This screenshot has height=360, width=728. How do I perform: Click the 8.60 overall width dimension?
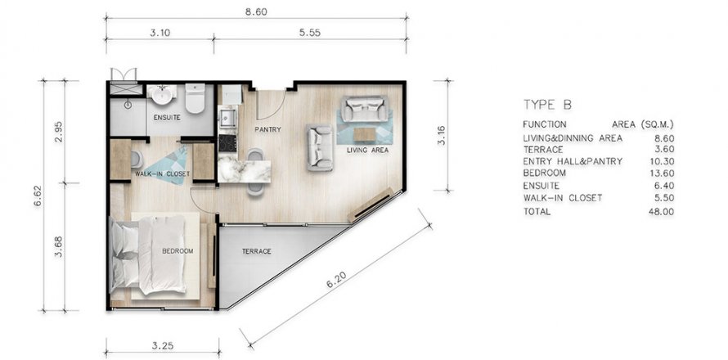pos(256,12)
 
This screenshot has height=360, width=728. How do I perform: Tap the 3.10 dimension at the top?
pos(160,33)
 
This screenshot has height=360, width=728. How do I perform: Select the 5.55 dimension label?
pos(310,33)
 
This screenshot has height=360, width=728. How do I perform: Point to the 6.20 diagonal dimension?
pos(336,279)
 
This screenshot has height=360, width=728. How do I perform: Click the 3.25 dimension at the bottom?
pos(163,345)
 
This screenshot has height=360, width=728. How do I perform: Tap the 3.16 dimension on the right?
pos(442,136)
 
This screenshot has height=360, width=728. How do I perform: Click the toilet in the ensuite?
pos(195,98)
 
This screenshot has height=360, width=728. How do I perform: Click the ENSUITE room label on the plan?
pos(167,118)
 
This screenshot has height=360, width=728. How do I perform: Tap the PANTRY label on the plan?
pos(268,129)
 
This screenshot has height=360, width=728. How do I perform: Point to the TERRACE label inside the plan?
pos(256,251)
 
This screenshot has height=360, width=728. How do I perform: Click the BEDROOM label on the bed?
pos(178,251)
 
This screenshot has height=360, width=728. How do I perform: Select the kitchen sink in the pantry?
pos(228,118)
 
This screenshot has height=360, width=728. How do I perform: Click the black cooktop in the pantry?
pos(227,143)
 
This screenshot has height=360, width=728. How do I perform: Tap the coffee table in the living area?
pos(365,134)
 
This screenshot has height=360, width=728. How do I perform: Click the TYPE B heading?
pos(547,105)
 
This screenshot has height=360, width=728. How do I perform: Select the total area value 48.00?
pos(663,212)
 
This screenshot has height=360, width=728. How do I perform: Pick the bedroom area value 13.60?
pos(663,173)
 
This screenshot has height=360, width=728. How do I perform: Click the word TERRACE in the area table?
pos(543,150)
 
